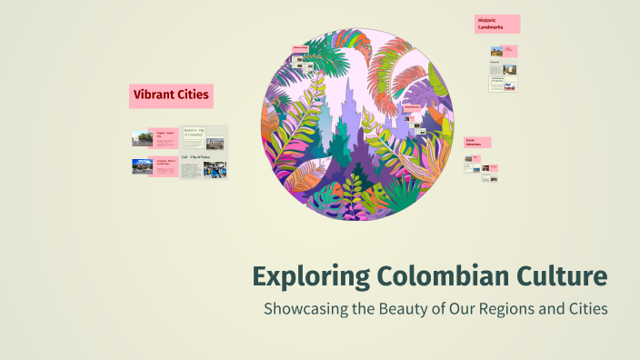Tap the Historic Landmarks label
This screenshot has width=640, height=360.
496,24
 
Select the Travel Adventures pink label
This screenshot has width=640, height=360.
477,143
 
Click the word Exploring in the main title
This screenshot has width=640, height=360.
307,275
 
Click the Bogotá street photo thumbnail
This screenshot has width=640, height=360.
142,138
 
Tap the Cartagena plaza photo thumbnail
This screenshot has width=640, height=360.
142,166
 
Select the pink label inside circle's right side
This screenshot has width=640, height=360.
412,108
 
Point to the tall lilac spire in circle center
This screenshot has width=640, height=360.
346,100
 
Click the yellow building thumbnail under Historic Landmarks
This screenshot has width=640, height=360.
497,52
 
